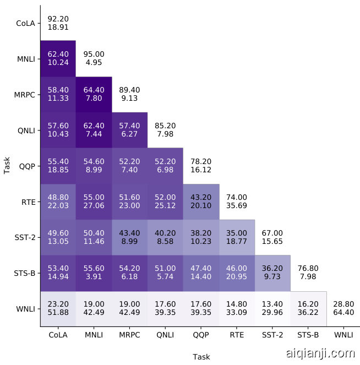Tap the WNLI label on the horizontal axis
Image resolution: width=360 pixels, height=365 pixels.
tap(344, 334)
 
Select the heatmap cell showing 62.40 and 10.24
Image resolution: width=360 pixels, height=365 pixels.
tap(58, 58)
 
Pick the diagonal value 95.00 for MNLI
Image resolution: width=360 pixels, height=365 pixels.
tap(94, 58)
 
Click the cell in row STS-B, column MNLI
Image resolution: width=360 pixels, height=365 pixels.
tap(94, 273)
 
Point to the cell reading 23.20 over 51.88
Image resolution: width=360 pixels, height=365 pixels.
tap(58, 309)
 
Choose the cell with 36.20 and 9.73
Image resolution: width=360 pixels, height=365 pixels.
tap(272, 273)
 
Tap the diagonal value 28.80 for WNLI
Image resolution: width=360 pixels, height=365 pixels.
tap(344, 309)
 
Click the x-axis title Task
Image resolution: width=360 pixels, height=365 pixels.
tap(201, 357)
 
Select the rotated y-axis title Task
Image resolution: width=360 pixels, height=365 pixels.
tap(7, 165)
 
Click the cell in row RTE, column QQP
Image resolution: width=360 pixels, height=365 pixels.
tap(201, 201)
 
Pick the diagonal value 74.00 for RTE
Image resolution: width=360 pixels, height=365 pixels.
tap(237, 201)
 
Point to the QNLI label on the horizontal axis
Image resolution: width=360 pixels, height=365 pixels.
tap(165, 334)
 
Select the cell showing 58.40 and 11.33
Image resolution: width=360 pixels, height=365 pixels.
tap(58, 94)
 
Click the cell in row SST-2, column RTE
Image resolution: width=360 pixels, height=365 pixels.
tap(237, 237)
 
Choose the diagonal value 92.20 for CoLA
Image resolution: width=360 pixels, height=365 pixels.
tap(58, 23)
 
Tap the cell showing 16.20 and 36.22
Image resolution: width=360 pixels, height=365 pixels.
tap(308, 309)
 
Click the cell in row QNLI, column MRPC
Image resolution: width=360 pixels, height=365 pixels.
tap(129, 130)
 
